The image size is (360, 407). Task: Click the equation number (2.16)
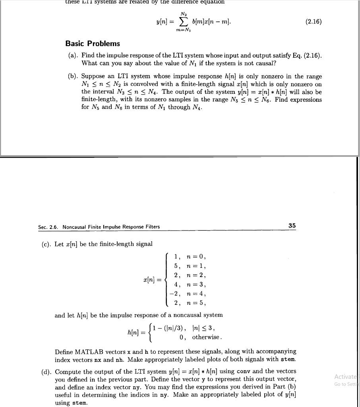(314, 21)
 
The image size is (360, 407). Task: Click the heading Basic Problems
(93, 43)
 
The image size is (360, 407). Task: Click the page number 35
(292, 226)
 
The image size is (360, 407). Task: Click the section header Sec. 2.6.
(50, 227)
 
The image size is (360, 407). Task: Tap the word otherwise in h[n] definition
(206, 337)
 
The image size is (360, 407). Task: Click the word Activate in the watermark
(346, 376)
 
